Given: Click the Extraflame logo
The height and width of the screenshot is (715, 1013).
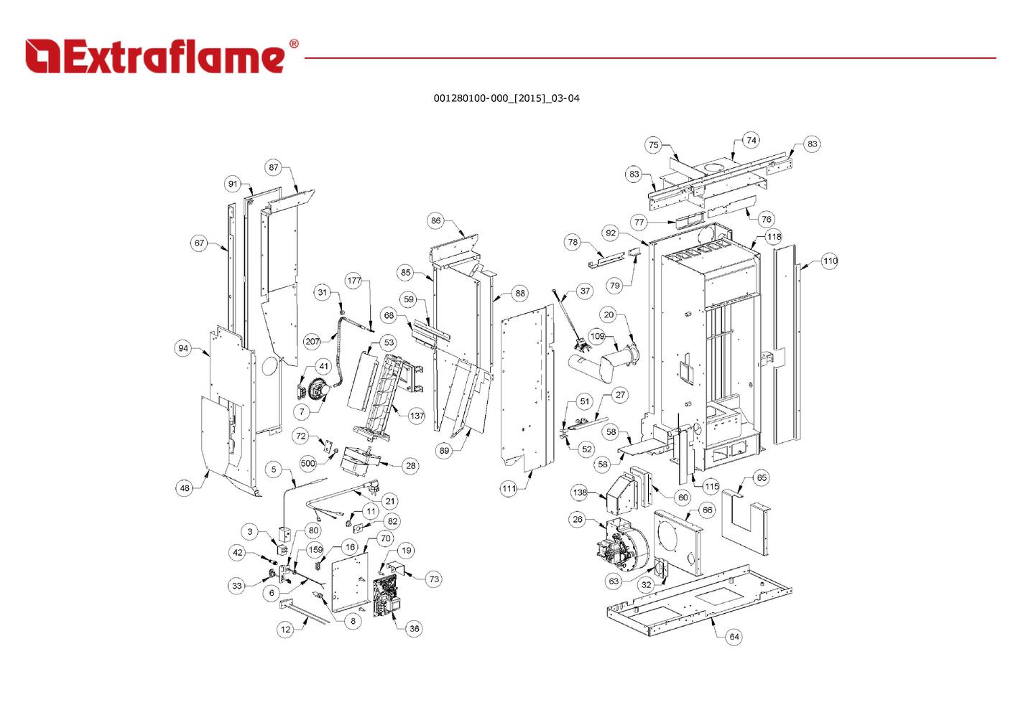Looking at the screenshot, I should tap(154, 57).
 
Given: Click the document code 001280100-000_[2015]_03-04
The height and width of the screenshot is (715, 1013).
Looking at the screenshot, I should tap(506, 98).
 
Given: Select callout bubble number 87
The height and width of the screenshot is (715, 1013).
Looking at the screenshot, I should tap(274, 167).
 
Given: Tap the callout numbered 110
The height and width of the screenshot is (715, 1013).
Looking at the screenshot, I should tap(830, 261).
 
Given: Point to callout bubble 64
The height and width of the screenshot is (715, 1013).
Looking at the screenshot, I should tap(734, 637).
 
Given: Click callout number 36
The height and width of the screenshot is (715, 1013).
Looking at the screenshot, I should tap(414, 628).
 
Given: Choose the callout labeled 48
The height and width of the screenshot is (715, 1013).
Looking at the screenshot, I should tap(185, 488).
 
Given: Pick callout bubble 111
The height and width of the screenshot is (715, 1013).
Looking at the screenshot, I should tap(509, 489).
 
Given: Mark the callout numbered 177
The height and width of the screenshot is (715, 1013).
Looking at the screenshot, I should tap(354, 281).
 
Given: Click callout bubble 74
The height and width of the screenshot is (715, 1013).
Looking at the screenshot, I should tap(751, 140).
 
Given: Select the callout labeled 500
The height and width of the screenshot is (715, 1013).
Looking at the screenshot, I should tap(307, 464).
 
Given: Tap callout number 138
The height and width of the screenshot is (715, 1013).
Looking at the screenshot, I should tap(580, 492).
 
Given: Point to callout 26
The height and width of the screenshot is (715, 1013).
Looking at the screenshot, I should tap(578, 520).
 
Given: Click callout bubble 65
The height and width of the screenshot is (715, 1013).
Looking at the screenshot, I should tap(762, 477).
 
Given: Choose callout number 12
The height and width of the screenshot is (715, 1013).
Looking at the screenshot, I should tap(286, 630).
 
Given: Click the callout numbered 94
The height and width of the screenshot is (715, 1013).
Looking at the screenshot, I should tap(183, 348).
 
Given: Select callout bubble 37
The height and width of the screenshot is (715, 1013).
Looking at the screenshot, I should tap(585, 291).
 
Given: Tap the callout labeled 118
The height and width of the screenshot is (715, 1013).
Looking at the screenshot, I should tap(773, 237).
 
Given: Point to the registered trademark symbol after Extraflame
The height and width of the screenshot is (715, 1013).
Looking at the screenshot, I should tap(293, 45).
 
